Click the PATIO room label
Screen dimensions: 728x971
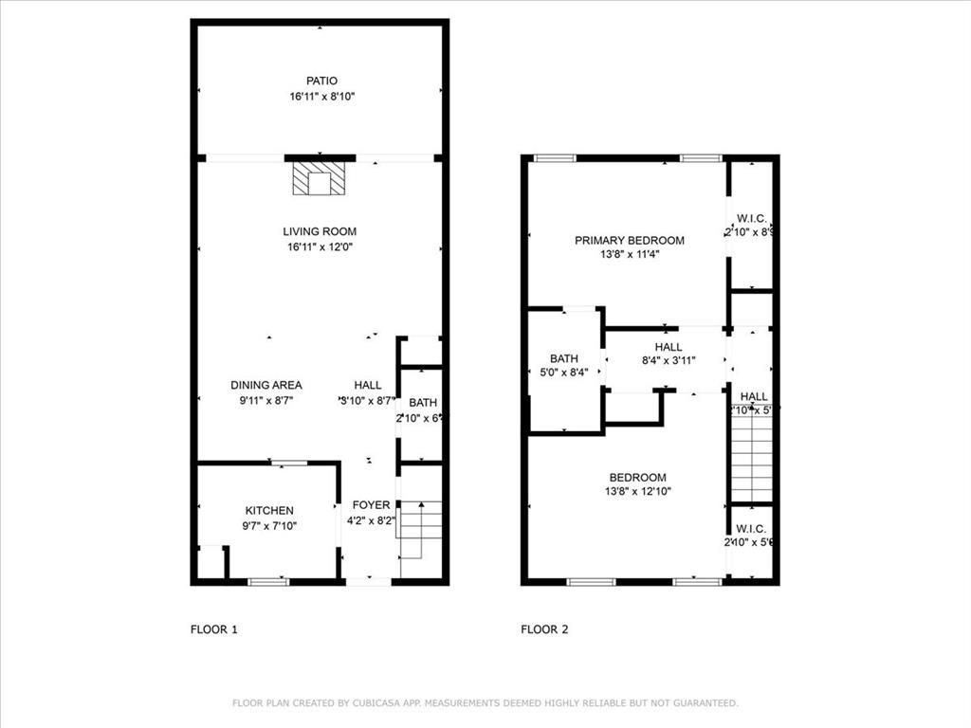tap(321, 82)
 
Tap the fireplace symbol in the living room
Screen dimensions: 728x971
tap(320, 179)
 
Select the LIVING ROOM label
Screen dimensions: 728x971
tap(320, 231)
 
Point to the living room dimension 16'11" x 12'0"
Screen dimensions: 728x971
tap(321, 247)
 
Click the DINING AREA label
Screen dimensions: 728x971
tap(266, 385)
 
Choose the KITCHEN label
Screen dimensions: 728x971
tap(269, 511)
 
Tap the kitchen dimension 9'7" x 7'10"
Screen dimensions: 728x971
tap(269, 526)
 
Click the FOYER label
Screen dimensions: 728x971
tap(371, 505)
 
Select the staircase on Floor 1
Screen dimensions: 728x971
tap(420, 531)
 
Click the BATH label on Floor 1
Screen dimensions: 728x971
tap(423, 403)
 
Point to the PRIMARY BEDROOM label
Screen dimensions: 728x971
tap(629, 241)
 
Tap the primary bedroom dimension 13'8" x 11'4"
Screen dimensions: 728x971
tap(629, 255)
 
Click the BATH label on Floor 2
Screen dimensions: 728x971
tap(564, 358)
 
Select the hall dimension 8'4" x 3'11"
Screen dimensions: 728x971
tap(668, 361)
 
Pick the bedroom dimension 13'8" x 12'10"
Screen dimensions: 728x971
tap(638, 492)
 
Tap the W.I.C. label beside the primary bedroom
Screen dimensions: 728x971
tap(751, 218)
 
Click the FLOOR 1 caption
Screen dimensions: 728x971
tap(214, 628)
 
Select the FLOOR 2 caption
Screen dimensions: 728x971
tap(544, 628)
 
